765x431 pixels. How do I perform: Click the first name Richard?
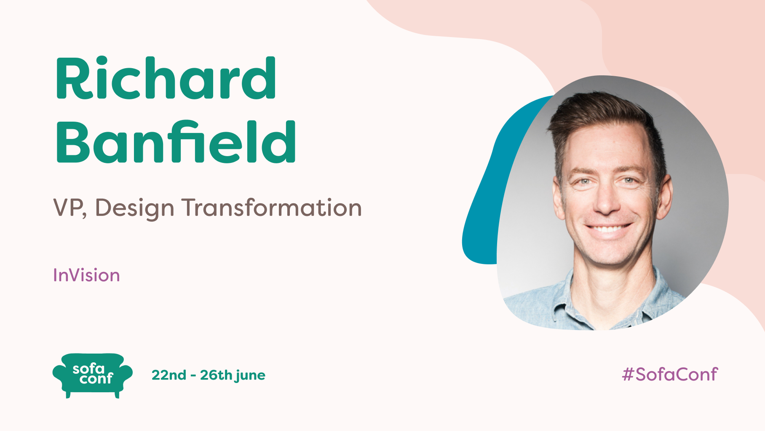(x=165, y=79)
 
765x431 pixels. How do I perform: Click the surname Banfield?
(x=176, y=142)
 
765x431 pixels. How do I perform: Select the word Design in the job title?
(x=134, y=208)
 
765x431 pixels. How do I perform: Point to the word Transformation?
(x=272, y=208)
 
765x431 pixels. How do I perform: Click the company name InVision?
(x=86, y=275)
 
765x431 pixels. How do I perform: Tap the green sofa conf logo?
(x=92, y=375)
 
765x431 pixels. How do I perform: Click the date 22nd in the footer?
(x=169, y=375)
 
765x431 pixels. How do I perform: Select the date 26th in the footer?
(x=216, y=375)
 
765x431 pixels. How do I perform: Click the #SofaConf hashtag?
(x=670, y=374)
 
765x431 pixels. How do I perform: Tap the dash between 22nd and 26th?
(x=193, y=375)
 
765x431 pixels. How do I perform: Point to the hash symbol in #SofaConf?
(x=628, y=374)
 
